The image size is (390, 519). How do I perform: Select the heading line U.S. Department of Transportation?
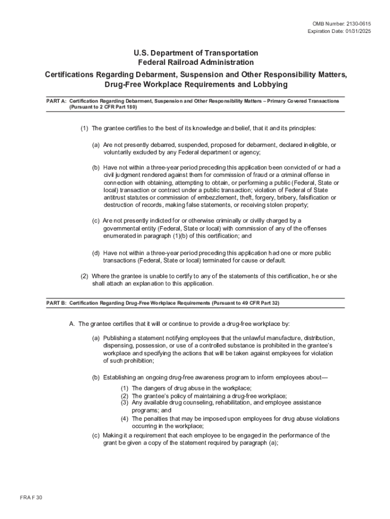(196, 53)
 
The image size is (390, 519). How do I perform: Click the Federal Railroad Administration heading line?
(196, 62)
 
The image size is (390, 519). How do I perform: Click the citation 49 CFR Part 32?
(255, 303)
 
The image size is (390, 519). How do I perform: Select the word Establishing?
(120, 377)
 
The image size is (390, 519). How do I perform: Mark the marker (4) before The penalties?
(125, 419)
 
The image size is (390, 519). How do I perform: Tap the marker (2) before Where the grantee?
(85, 276)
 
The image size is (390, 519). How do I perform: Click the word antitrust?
(115, 198)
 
